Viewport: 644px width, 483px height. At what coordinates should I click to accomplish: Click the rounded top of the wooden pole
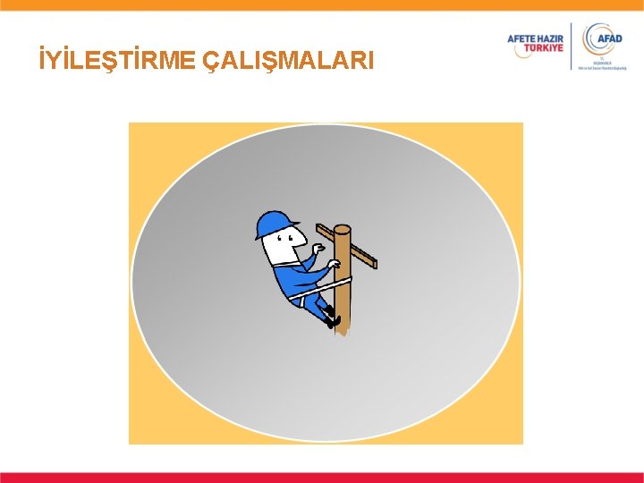pyautogui.click(x=342, y=230)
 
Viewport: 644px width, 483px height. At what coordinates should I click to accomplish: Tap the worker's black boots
pyautogui.click(x=333, y=317)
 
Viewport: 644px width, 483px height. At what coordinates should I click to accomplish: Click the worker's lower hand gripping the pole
pyautogui.click(x=334, y=265)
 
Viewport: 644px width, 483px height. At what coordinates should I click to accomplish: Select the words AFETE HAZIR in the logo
pyautogui.click(x=536, y=38)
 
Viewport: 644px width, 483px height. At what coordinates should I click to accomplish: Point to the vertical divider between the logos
pyautogui.click(x=571, y=47)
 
